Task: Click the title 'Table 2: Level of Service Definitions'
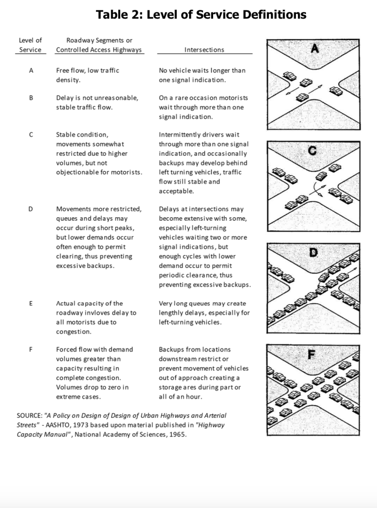[x=201, y=14]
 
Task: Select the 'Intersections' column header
[x=204, y=50]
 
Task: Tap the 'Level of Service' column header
[x=30, y=45]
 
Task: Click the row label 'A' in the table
[x=31, y=70]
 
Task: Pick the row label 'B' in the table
[x=31, y=98]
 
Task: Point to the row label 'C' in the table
[x=31, y=134]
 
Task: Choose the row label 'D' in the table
[x=31, y=209]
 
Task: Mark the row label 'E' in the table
[x=31, y=303]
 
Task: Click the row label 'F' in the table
[x=31, y=349]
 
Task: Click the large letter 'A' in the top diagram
[x=314, y=48]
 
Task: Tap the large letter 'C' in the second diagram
[x=313, y=151]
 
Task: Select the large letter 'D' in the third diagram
[x=313, y=253]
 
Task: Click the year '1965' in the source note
[x=177, y=435]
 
